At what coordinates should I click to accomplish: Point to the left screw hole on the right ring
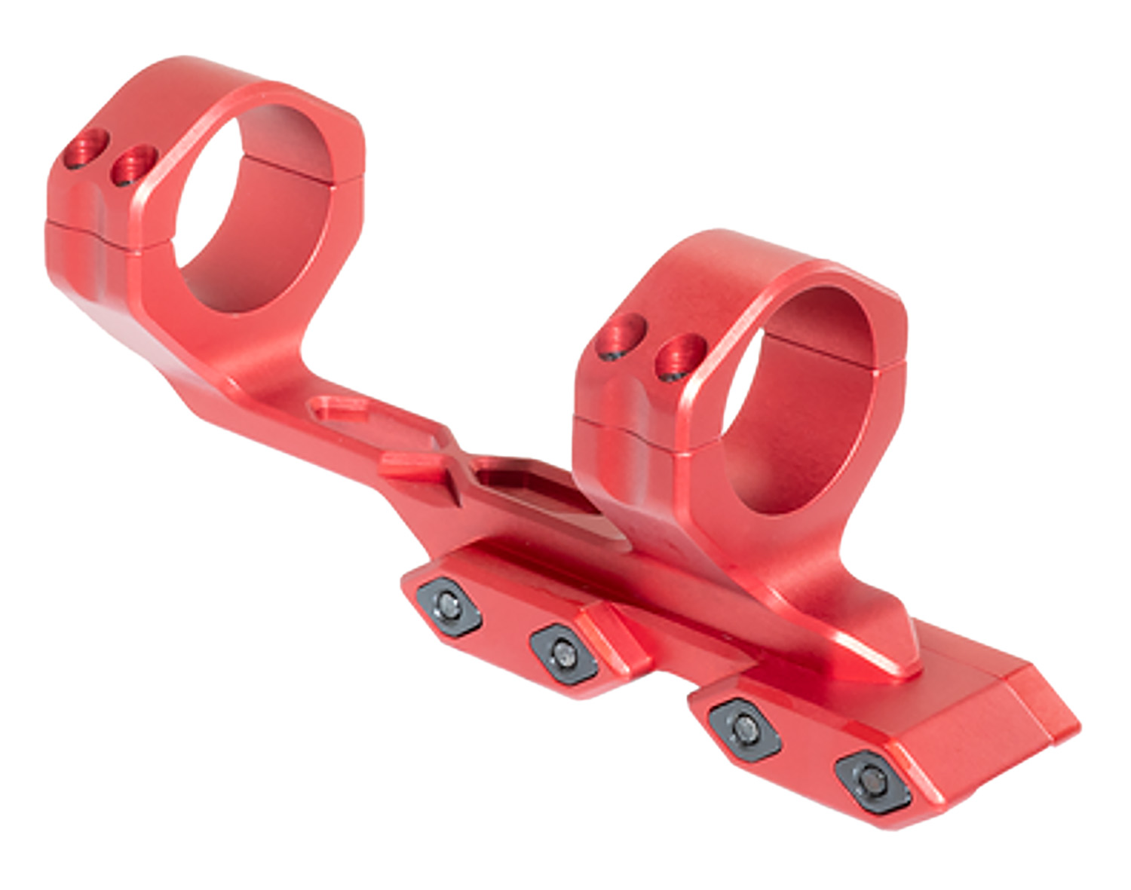(x=621, y=337)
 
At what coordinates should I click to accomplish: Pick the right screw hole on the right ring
(x=681, y=355)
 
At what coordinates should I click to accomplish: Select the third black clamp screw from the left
(x=745, y=727)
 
